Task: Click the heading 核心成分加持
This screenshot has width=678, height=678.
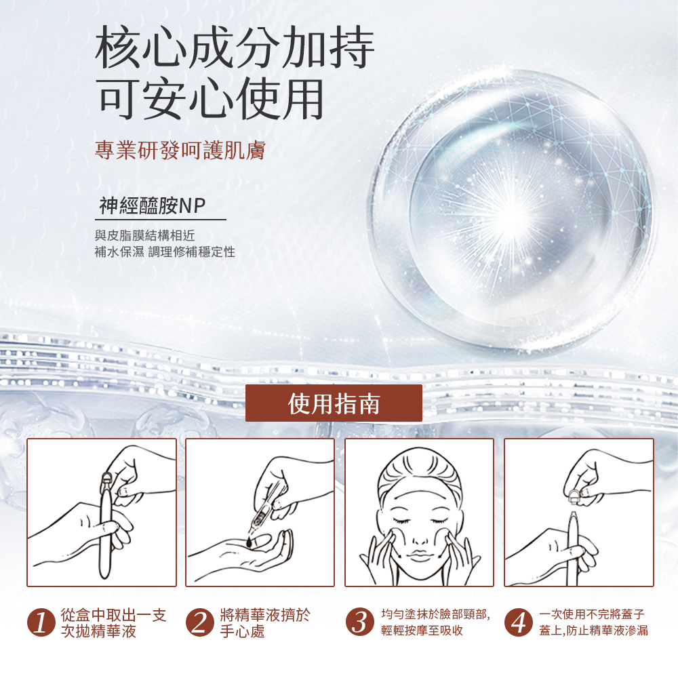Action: (x=235, y=47)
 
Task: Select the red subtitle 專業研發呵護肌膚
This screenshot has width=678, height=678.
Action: (x=180, y=150)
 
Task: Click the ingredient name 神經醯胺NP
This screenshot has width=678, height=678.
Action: (x=152, y=205)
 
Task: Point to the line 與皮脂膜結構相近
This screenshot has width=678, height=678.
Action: (x=145, y=235)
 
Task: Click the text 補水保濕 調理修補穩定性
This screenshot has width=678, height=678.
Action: (x=165, y=252)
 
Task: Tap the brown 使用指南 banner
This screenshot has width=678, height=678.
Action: (x=334, y=403)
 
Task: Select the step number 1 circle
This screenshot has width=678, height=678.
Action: (x=41, y=622)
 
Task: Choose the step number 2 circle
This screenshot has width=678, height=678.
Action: (x=200, y=622)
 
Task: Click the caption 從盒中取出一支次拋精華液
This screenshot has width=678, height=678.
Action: (x=113, y=623)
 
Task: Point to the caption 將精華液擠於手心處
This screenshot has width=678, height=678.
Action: (x=265, y=623)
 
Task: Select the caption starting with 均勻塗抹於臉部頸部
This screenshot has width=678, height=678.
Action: (x=435, y=622)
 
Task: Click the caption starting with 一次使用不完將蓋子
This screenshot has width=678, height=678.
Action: (x=593, y=622)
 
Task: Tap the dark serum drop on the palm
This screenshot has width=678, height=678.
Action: (x=250, y=542)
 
